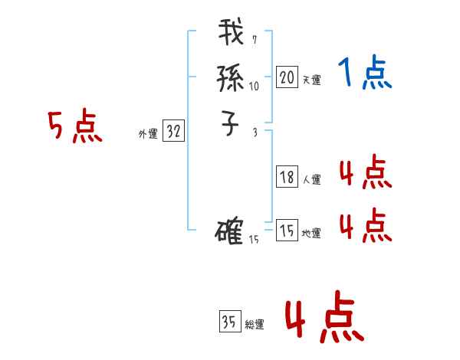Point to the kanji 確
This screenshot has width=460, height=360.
tap(230, 231)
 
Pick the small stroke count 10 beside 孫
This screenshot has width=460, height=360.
tap(254, 87)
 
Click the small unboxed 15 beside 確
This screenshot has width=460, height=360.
tap(255, 240)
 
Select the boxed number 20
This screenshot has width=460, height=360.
tap(287, 77)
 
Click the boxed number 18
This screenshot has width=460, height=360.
tap(287, 177)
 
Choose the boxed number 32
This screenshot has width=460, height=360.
tap(173, 132)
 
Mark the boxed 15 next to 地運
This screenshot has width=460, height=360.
tap(287, 231)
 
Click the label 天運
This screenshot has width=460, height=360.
tap(311, 80)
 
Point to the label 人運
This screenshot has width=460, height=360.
tap(311, 180)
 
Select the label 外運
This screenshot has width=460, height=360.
tap(148, 134)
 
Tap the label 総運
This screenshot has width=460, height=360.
tap(255, 324)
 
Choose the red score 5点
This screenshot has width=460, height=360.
tap(75, 127)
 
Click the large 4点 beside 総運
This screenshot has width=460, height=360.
tap(324, 319)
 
